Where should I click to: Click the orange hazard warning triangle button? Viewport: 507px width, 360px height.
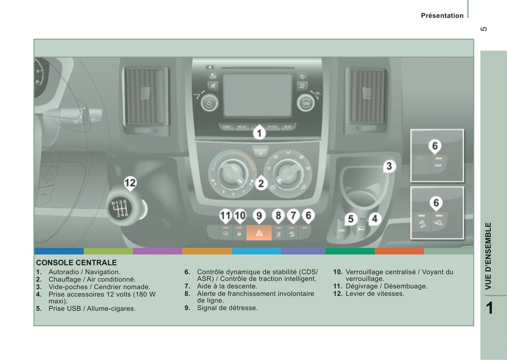click(259, 233)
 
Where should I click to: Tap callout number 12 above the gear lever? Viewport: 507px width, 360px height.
click(130, 183)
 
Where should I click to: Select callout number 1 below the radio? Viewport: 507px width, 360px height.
click(259, 133)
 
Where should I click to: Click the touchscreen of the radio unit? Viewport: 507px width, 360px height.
click(258, 95)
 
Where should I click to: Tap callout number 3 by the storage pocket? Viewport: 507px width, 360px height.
click(389, 166)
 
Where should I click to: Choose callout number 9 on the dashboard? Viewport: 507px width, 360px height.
click(259, 215)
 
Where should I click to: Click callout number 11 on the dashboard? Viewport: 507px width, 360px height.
click(225, 215)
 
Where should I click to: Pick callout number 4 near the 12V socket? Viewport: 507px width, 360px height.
click(374, 219)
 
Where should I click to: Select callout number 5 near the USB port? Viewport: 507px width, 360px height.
click(351, 219)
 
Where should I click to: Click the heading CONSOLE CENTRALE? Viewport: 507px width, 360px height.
click(76, 263)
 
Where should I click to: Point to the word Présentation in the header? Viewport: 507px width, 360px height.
click(442, 16)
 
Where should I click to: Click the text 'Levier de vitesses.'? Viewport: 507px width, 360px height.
click(375, 294)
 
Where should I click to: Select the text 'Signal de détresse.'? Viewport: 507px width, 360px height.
click(227, 308)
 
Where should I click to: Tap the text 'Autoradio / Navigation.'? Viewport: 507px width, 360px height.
click(84, 272)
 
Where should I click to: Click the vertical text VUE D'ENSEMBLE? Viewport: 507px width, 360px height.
click(488, 256)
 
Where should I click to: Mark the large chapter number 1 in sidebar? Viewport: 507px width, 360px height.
click(489, 308)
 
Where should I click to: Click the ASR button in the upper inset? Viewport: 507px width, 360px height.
click(438, 164)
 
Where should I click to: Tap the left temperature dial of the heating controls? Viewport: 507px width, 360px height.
click(231, 172)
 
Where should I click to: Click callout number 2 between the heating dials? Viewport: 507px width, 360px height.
click(261, 184)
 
